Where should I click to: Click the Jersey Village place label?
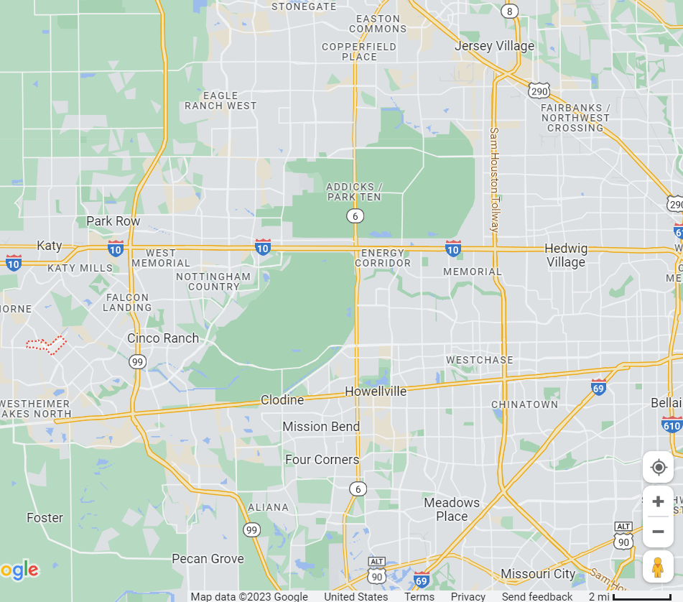click(x=495, y=46)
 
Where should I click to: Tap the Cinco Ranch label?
click(x=163, y=338)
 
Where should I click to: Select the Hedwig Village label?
click(x=566, y=255)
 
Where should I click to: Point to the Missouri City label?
click(x=538, y=573)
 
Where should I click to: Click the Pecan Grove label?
click(x=208, y=558)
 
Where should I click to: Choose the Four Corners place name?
click(x=322, y=459)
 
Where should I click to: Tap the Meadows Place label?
click(x=451, y=509)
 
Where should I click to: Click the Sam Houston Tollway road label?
click(x=494, y=180)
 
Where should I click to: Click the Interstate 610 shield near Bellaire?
click(x=672, y=424)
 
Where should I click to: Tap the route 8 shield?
click(x=509, y=11)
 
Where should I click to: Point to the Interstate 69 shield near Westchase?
click(x=598, y=386)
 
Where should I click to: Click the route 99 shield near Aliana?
click(x=251, y=530)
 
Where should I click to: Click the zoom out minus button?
click(x=658, y=532)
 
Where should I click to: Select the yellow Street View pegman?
click(x=658, y=567)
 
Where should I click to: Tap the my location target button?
click(x=658, y=468)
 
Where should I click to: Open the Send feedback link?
click(x=537, y=596)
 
